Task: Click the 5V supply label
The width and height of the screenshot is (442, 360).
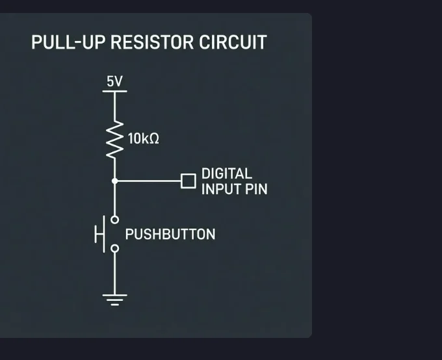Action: pyautogui.click(x=114, y=82)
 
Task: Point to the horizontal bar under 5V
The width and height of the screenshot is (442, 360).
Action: pyautogui.click(x=114, y=91)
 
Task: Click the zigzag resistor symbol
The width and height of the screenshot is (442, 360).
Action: pyautogui.click(x=114, y=139)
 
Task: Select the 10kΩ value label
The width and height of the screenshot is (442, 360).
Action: pyautogui.click(x=143, y=139)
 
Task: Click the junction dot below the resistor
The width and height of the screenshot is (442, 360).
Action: pyautogui.click(x=114, y=181)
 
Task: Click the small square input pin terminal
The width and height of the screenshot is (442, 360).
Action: pyautogui.click(x=188, y=181)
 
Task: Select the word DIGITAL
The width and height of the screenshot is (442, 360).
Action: pyautogui.click(x=226, y=174)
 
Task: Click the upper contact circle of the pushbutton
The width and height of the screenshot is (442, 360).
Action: pyautogui.click(x=114, y=220)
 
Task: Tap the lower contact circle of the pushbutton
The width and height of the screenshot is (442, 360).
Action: pyautogui.click(x=114, y=248)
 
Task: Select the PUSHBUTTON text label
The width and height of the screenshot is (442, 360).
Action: pyautogui.click(x=170, y=235)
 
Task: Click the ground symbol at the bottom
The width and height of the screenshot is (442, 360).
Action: pyautogui.click(x=114, y=299)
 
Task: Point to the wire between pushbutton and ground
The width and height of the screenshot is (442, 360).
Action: pyautogui.click(x=114, y=273)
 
